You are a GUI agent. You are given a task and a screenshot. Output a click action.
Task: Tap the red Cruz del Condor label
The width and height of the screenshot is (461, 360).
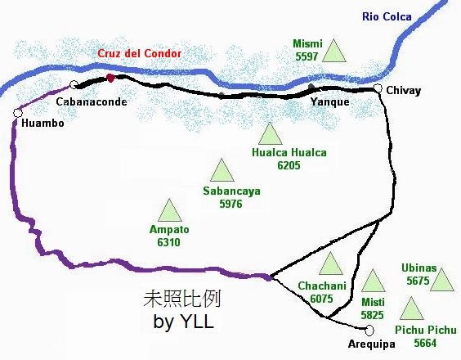(x=138, y=53)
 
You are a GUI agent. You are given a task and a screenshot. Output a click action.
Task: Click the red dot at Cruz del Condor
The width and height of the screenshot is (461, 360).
(x=110, y=78)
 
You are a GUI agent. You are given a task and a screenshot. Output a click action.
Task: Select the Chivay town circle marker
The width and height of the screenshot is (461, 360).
(x=378, y=88)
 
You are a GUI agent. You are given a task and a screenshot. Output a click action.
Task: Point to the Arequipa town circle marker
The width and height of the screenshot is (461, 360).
(x=369, y=330)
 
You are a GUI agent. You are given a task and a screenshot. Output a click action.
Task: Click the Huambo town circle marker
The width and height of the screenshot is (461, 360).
(x=17, y=113)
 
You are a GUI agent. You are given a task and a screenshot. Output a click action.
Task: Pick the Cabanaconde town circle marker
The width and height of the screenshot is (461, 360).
(x=74, y=84)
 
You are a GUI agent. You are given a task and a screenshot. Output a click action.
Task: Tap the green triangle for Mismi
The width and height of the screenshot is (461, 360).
(x=333, y=52)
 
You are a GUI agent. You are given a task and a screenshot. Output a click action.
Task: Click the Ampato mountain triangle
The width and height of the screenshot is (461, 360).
(x=170, y=211)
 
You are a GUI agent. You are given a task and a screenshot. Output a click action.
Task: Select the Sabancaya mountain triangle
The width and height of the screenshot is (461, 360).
(x=220, y=171)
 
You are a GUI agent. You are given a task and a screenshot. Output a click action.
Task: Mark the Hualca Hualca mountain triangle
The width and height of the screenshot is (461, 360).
(x=269, y=133)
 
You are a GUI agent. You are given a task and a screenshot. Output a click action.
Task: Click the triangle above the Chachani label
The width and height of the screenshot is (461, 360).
(x=330, y=264)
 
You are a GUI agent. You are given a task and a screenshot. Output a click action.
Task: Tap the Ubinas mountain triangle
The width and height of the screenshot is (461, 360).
(x=441, y=281)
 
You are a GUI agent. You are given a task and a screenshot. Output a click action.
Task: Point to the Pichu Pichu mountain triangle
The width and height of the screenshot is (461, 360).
(x=411, y=309)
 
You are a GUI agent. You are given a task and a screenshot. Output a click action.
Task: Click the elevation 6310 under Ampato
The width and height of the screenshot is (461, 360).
(x=164, y=242)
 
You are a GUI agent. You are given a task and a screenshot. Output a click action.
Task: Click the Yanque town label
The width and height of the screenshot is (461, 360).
(x=330, y=101)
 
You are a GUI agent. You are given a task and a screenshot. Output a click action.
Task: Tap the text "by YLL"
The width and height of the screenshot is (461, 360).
(x=183, y=322)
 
